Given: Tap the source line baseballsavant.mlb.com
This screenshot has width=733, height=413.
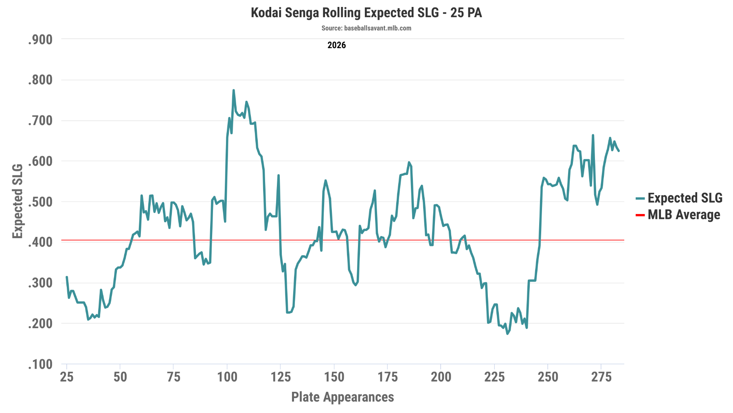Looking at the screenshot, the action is (366, 28).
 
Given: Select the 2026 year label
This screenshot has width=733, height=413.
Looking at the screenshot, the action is (336, 45).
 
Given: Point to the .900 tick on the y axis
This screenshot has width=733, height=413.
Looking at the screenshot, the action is (40, 40).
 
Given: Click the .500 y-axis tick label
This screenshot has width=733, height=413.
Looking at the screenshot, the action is (40, 202).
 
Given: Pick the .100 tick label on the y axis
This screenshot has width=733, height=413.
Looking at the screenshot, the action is (40, 364).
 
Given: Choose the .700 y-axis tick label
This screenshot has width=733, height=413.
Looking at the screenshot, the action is (40, 121).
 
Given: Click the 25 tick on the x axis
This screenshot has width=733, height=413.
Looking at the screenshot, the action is (67, 377).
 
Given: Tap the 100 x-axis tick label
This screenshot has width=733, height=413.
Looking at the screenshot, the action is (227, 377).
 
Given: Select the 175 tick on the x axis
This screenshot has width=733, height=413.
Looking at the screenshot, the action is (388, 377).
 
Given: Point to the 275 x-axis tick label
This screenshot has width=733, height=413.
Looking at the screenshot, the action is (601, 377).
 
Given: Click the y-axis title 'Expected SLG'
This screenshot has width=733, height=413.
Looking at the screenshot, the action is (18, 201).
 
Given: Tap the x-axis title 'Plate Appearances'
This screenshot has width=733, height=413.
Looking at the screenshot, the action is (342, 397).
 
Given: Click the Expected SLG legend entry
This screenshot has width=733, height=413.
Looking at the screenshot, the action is (679, 198).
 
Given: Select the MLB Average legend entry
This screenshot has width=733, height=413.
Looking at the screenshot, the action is (678, 215).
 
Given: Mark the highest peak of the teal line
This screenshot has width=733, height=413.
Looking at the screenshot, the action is (233, 90).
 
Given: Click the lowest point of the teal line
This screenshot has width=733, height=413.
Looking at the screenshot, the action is (507, 333).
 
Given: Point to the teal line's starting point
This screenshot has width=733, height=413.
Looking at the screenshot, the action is (67, 277).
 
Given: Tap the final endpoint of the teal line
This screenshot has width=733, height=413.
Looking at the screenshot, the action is (619, 151).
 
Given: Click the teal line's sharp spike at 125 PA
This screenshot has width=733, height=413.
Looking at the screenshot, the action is (279, 175).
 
